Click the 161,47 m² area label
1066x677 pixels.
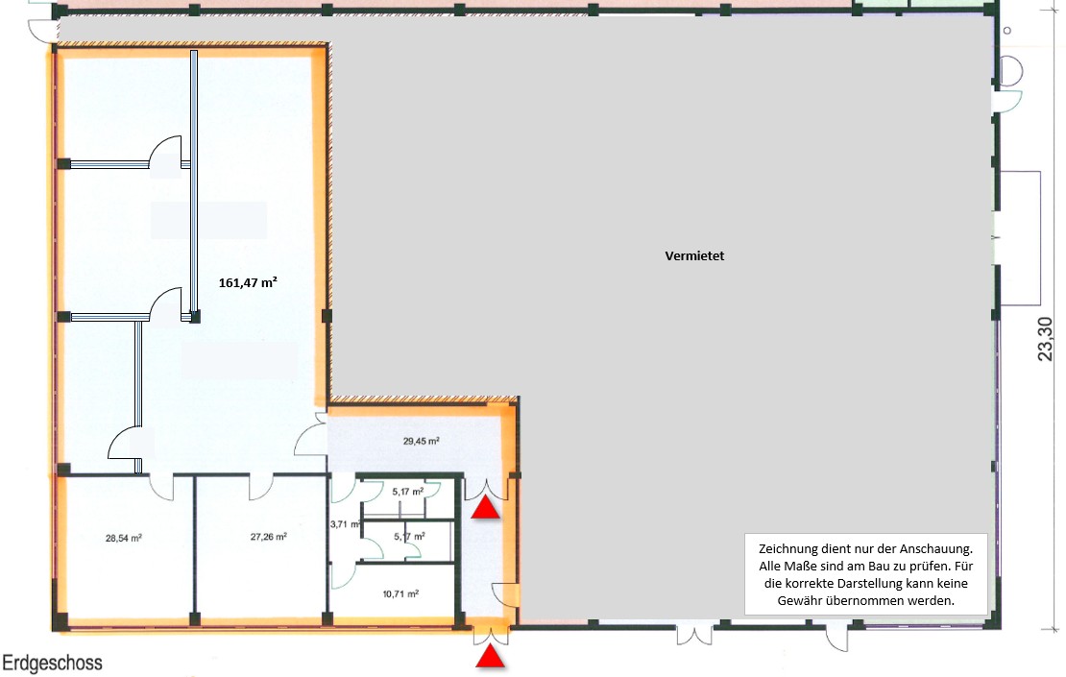click(248, 282)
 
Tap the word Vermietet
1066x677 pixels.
click(693, 256)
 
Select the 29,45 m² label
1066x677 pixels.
click(421, 442)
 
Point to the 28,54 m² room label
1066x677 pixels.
click(124, 538)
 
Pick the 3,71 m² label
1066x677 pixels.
click(344, 525)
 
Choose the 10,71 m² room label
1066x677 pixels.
click(400, 594)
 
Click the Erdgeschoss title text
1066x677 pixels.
click(52, 663)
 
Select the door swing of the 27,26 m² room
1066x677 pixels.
click(260, 488)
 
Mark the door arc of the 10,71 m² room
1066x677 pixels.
click(341, 575)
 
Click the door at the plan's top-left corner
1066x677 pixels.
click(42, 29)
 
